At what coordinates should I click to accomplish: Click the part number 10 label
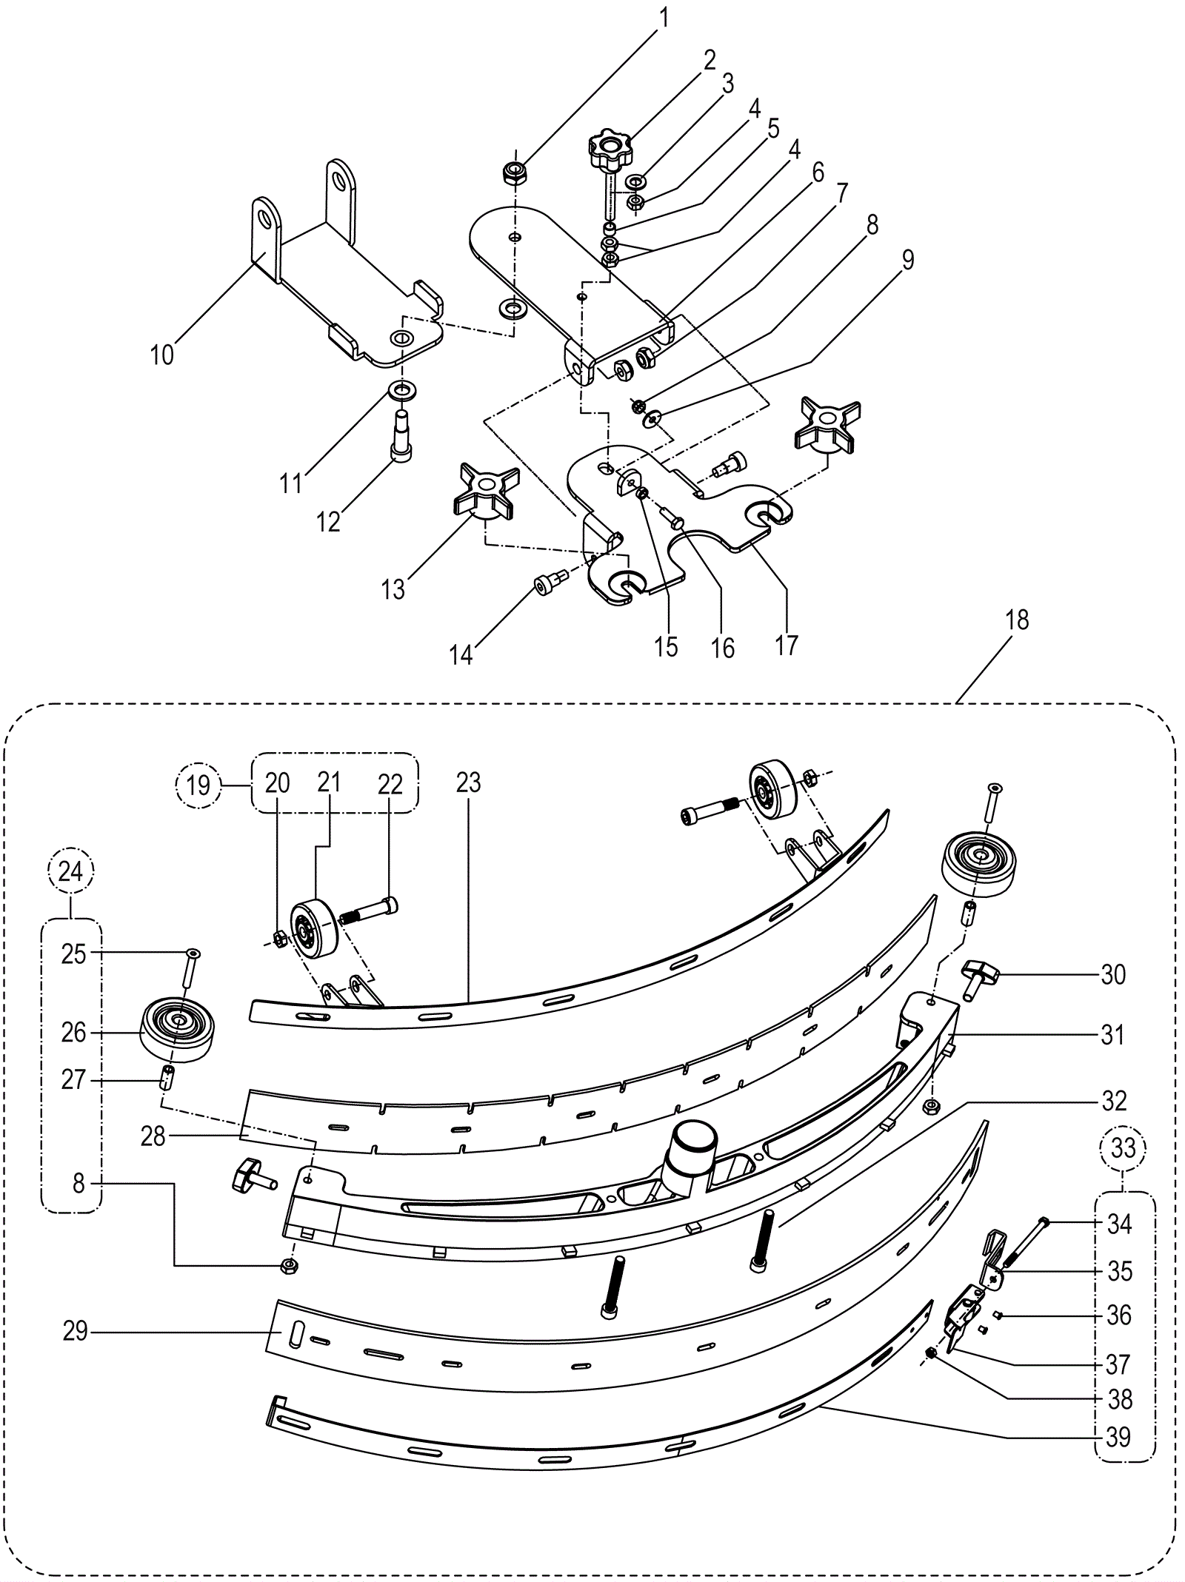coord(161,355)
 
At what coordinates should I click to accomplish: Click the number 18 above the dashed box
coord(1017,620)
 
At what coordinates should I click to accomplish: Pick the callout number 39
coord(1119,1437)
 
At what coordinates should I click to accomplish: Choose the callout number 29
coord(76,1332)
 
